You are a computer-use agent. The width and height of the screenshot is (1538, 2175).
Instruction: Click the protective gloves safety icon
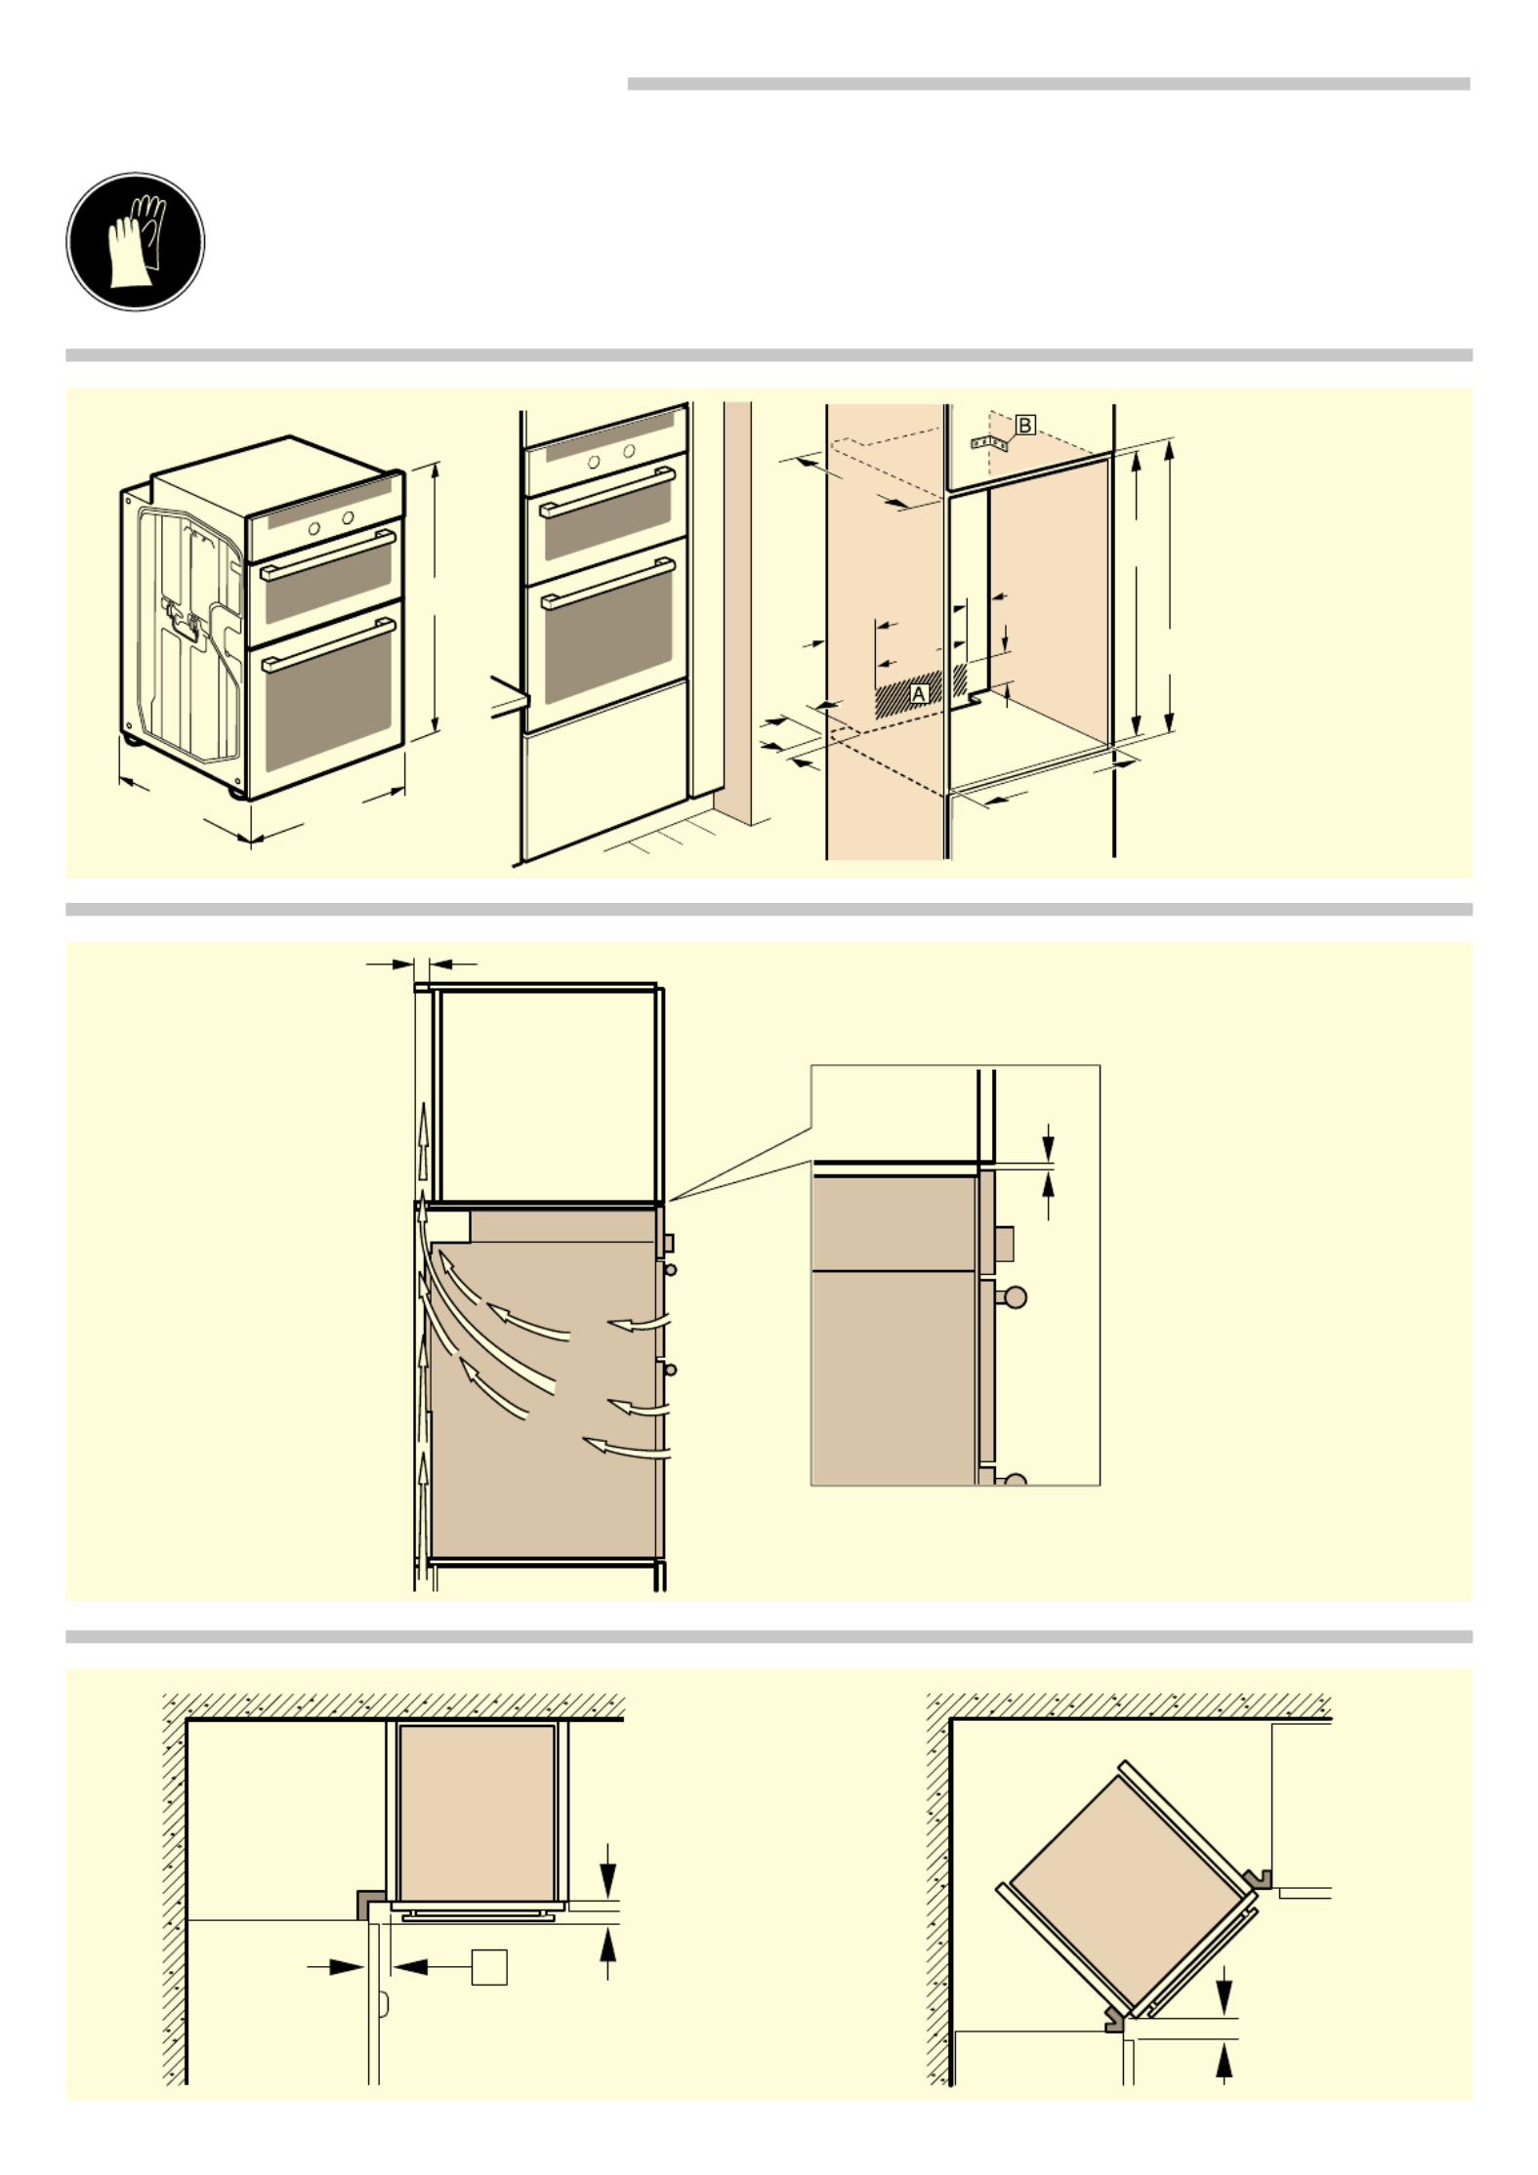[x=135, y=241]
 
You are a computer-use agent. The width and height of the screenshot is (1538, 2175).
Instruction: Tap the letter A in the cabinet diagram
[x=918, y=693]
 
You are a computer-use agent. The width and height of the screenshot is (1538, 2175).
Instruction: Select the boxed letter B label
[x=1024, y=426]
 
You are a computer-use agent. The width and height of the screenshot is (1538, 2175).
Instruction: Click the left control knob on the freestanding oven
[x=314, y=528]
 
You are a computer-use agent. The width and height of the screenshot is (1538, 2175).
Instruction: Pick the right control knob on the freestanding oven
[x=348, y=518]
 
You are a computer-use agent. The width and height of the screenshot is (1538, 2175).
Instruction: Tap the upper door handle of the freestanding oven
[x=328, y=555]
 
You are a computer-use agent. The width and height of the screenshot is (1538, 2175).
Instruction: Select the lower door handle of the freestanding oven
[x=328, y=644]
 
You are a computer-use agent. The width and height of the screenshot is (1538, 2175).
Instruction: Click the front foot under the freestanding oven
[x=236, y=793]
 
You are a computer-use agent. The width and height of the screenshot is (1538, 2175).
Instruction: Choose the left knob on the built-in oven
[x=595, y=462]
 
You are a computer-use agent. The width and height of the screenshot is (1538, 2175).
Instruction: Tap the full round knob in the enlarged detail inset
[x=1015, y=1297]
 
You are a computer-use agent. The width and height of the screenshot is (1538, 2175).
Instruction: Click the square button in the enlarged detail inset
[x=1005, y=1243]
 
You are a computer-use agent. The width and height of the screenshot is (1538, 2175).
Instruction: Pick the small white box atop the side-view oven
[x=449, y=1227]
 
